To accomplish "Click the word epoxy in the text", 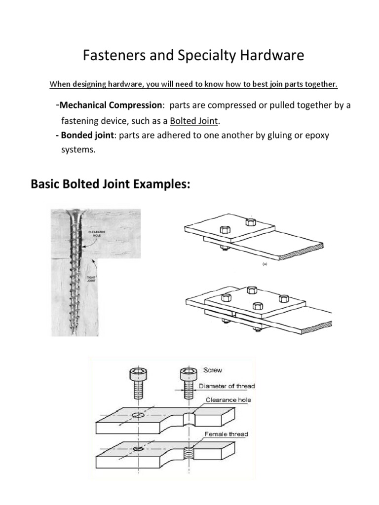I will point(315,135).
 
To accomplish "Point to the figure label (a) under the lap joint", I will point(265,264).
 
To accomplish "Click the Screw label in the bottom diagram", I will point(213,370).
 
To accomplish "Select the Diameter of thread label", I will point(227,386).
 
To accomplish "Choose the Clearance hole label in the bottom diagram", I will point(225,400).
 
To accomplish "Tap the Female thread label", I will point(227,434).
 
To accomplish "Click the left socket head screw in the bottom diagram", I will point(138,382).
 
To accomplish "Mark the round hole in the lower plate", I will point(139,449).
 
